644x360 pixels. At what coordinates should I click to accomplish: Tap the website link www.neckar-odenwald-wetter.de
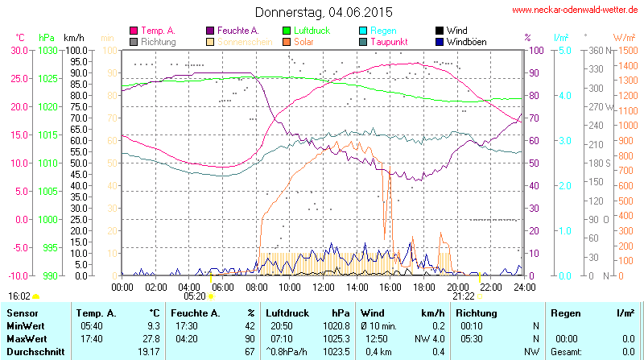coord(576,10)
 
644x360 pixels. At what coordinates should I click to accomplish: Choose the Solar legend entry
coord(304,41)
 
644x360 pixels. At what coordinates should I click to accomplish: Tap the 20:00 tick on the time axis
coord(457,287)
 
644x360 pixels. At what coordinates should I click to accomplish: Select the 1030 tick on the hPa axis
coord(47,50)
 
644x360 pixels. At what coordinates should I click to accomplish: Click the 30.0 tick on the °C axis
coord(18,50)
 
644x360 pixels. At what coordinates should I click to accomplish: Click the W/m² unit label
coord(624,37)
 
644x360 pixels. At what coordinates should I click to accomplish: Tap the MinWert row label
coord(26,325)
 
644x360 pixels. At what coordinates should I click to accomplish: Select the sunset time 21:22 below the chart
coord(463,296)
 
